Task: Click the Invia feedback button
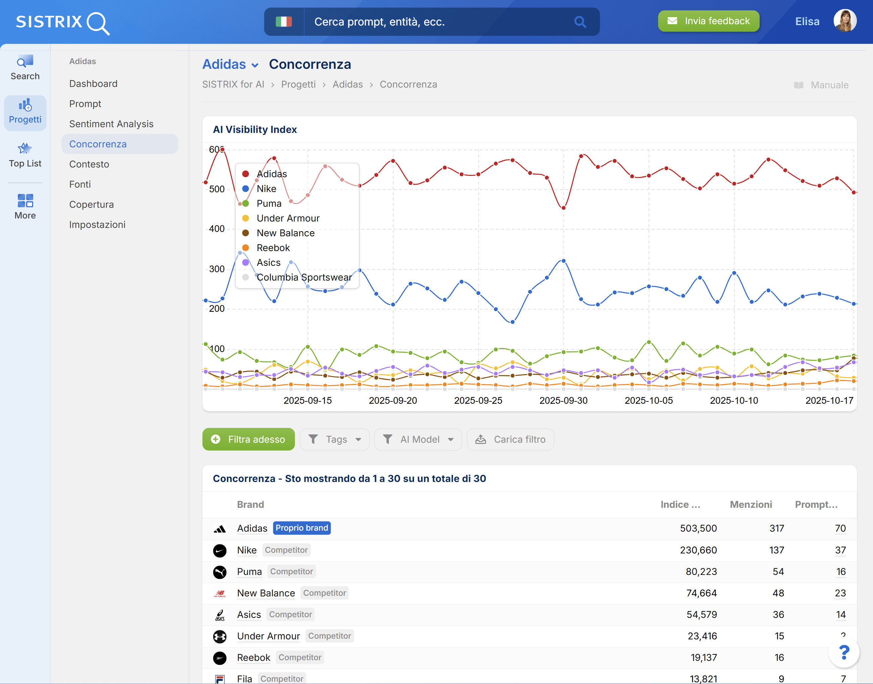(x=708, y=21)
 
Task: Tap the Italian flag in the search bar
(x=284, y=21)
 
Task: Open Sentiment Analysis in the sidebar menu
(x=111, y=124)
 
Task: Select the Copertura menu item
(x=91, y=205)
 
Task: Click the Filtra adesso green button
(x=248, y=439)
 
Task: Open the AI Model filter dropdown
(x=418, y=439)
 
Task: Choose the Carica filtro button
(x=510, y=439)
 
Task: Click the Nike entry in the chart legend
(x=266, y=189)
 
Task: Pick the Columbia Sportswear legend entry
(x=304, y=277)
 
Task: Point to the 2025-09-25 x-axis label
(x=478, y=400)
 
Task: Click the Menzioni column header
(x=750, y=504)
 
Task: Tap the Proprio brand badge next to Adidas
(x=302, y=528)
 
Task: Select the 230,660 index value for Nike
(x=698, y=550)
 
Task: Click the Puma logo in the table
(x=220, y=572)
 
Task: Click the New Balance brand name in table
(x=266, y=593)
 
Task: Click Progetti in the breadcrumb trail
(x=298, y=85)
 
